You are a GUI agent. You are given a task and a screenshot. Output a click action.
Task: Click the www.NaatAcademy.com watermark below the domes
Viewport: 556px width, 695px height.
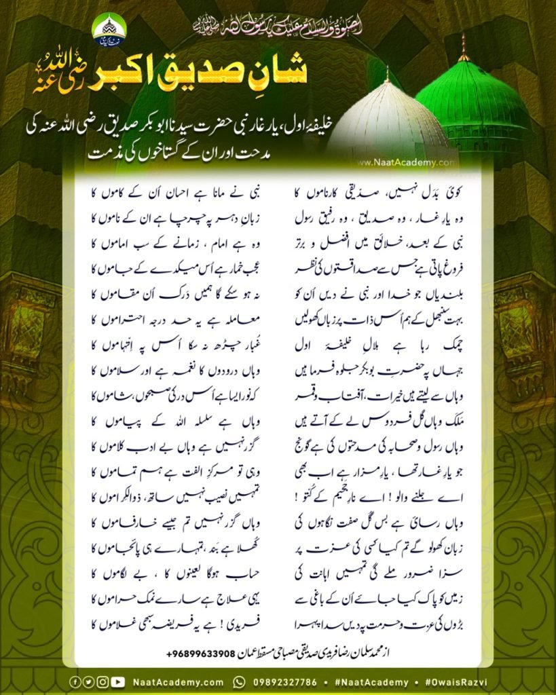(x=405, y=163)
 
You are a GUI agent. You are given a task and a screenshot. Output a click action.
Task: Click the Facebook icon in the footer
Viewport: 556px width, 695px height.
(x=74, y=682)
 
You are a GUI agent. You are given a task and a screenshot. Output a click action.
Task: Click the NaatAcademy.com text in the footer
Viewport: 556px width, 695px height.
(x=178, y=682)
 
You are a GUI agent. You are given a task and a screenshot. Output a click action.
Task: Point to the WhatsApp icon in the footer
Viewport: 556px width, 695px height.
(x=239, y=682)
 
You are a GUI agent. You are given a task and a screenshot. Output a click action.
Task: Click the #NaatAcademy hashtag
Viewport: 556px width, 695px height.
(x=371, y=682)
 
